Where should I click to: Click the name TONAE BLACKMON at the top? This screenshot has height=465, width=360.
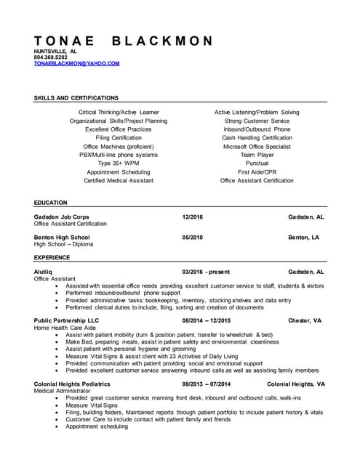point(124,41)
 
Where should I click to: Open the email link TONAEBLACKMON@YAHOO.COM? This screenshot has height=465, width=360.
point(76,63)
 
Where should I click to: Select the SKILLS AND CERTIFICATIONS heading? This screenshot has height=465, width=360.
point(76,97)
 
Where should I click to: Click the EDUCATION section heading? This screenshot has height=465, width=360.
point(50,203)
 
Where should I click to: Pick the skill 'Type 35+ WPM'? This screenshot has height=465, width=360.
point(118,163)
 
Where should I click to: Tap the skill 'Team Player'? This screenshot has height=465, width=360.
point(257,155)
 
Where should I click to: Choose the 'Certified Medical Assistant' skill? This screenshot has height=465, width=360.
point(118,180)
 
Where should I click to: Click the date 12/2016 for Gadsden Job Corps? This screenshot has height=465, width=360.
point(193,217)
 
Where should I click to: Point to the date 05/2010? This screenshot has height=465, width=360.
point(193,238)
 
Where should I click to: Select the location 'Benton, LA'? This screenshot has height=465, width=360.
point(303,238)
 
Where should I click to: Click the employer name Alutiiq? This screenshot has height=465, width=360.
point(43,272)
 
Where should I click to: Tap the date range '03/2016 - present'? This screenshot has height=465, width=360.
point(206,272)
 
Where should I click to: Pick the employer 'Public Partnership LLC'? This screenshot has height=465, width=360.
point(66,320)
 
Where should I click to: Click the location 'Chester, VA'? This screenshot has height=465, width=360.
point(305,320)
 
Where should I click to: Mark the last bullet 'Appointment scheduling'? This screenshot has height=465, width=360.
point(96,426)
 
